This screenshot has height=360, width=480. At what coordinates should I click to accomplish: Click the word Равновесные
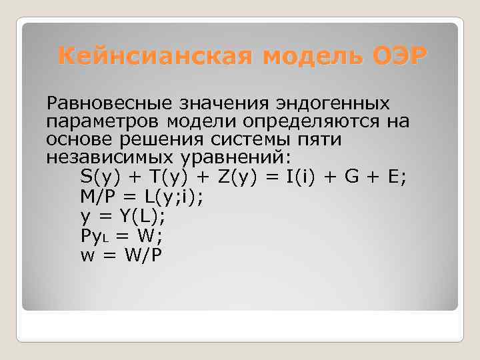click(x=107, y=103)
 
